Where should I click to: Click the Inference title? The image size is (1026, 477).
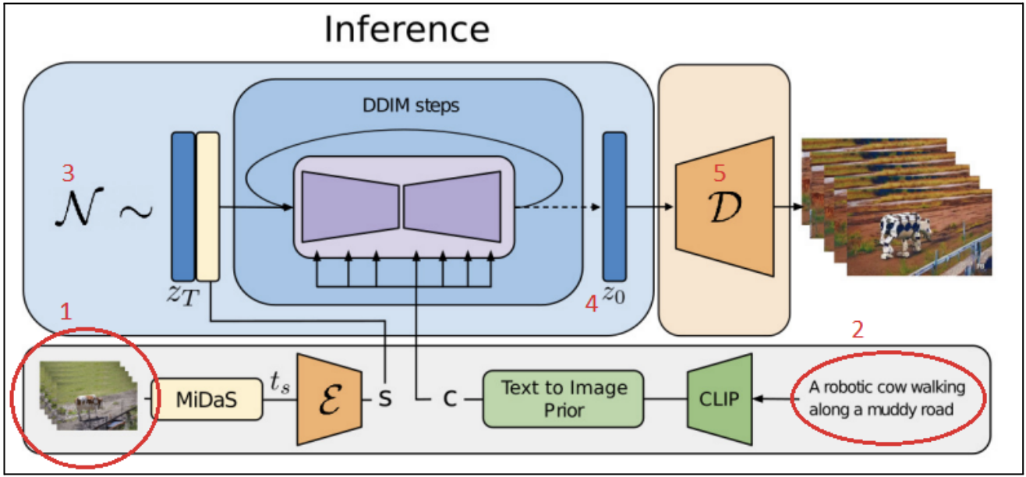point(407,30)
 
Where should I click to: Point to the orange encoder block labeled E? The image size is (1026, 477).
point(329,398)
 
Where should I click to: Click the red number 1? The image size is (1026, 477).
point(67,313)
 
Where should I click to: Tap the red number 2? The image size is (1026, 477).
point(858,330)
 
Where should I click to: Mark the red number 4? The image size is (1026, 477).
point(592,305)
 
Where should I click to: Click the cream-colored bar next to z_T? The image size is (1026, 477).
point(207,207)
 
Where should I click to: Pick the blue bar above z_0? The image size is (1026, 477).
point(614,207)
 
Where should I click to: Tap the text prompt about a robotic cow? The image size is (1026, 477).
point(886,398)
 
